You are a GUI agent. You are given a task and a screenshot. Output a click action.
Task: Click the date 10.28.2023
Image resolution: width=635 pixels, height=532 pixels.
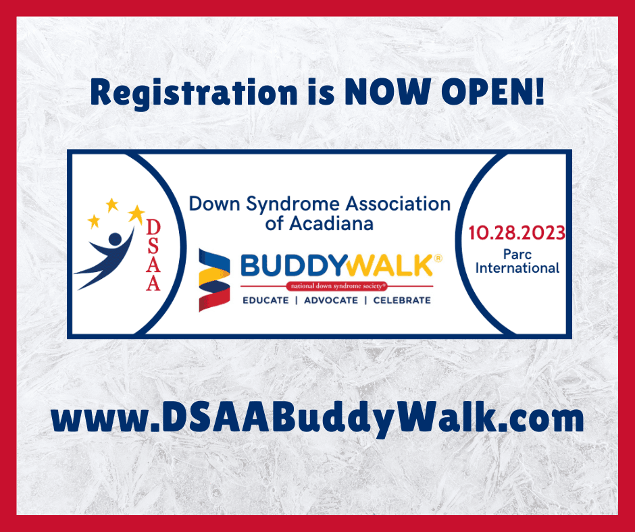517,233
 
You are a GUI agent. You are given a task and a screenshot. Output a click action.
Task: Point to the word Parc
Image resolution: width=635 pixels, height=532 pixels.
517,255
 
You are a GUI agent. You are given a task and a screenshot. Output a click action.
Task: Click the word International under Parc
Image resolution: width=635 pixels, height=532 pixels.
517,268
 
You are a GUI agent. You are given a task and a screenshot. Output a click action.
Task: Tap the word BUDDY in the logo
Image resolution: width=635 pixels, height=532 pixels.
294,266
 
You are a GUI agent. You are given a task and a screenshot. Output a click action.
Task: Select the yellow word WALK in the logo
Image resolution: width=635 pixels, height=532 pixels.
390,265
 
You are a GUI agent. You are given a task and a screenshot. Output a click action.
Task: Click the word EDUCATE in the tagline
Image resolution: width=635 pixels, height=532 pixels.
265,300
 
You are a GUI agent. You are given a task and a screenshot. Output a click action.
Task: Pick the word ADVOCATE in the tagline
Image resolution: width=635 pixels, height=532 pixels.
331,300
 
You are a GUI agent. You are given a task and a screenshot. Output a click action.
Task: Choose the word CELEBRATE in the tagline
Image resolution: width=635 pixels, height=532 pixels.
402,300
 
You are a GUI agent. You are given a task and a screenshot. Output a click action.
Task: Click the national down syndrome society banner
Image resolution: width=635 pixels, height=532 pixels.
337,286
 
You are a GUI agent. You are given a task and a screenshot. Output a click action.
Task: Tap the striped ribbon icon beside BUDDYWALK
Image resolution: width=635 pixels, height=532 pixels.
214,280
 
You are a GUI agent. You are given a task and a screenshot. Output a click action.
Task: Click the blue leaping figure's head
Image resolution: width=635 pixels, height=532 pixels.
116,239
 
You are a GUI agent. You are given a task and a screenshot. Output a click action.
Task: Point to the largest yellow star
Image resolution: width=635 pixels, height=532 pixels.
136,214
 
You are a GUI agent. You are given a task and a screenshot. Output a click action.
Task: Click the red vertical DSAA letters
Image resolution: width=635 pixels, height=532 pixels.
153,255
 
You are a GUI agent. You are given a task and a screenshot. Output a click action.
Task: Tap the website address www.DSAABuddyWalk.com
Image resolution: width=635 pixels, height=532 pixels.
317,419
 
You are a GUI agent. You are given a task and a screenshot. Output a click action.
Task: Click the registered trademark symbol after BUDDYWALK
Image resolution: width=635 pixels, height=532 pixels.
438,259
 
